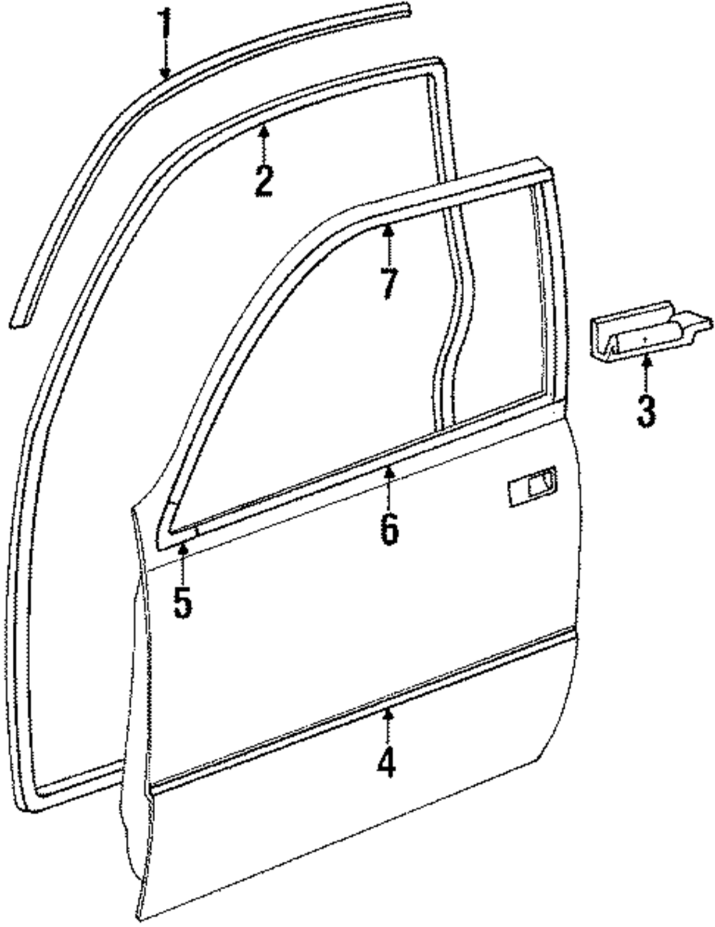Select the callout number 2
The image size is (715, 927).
coord(263,180)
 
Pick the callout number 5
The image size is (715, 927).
coord(182,602)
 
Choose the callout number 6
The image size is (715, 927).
coord(388,529)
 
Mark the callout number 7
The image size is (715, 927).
coord(388,284)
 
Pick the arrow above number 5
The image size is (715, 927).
coord(182,563)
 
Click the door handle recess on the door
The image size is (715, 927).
coord(532,489)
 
